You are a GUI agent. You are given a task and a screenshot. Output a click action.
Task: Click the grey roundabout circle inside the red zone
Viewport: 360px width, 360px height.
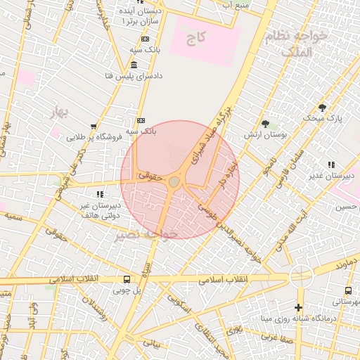point(174,182)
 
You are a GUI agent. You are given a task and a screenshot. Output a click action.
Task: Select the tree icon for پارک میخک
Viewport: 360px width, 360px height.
point(322,108)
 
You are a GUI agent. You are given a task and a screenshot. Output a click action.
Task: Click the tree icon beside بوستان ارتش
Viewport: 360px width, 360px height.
point(265,123)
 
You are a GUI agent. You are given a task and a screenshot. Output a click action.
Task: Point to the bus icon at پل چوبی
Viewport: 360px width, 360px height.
point(127,278)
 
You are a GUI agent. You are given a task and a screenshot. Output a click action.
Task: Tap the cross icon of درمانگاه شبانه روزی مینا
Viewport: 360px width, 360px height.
point(299,307)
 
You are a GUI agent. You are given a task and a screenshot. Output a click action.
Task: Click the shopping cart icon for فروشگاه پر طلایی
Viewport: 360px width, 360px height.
point(94,127)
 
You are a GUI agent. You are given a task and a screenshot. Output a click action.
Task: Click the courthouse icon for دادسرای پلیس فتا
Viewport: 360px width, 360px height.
point(134,65)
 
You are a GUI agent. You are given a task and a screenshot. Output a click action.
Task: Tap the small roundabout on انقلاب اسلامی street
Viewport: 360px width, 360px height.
point(300,275)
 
